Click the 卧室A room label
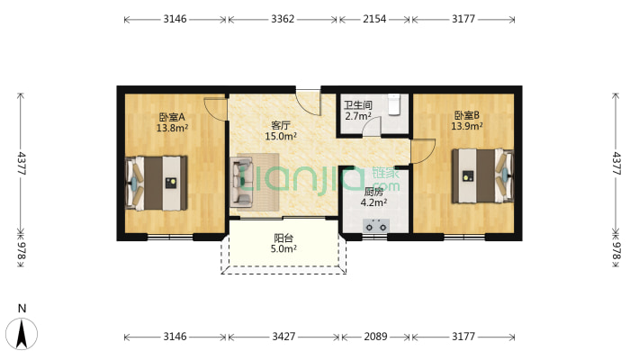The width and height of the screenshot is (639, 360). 172,117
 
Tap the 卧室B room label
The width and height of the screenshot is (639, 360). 466,115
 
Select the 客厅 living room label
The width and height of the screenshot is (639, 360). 281,125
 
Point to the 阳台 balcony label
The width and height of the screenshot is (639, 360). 283,238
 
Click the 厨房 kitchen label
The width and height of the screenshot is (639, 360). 373,192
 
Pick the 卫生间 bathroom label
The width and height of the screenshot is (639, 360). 358,105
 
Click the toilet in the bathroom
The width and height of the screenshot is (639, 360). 394,105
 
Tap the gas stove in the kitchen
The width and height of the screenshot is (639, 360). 375,226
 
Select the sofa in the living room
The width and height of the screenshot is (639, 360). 241,182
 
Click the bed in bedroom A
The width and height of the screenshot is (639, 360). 156,183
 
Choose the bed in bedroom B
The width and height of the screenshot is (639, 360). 483,175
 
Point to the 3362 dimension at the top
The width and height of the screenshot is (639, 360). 283,19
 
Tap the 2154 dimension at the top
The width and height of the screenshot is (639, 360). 374,19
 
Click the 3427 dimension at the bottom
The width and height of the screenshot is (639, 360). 283,337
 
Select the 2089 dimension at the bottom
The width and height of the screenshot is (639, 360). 375,337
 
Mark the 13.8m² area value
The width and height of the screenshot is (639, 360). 172,128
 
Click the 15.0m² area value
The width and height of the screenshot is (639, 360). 281,136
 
